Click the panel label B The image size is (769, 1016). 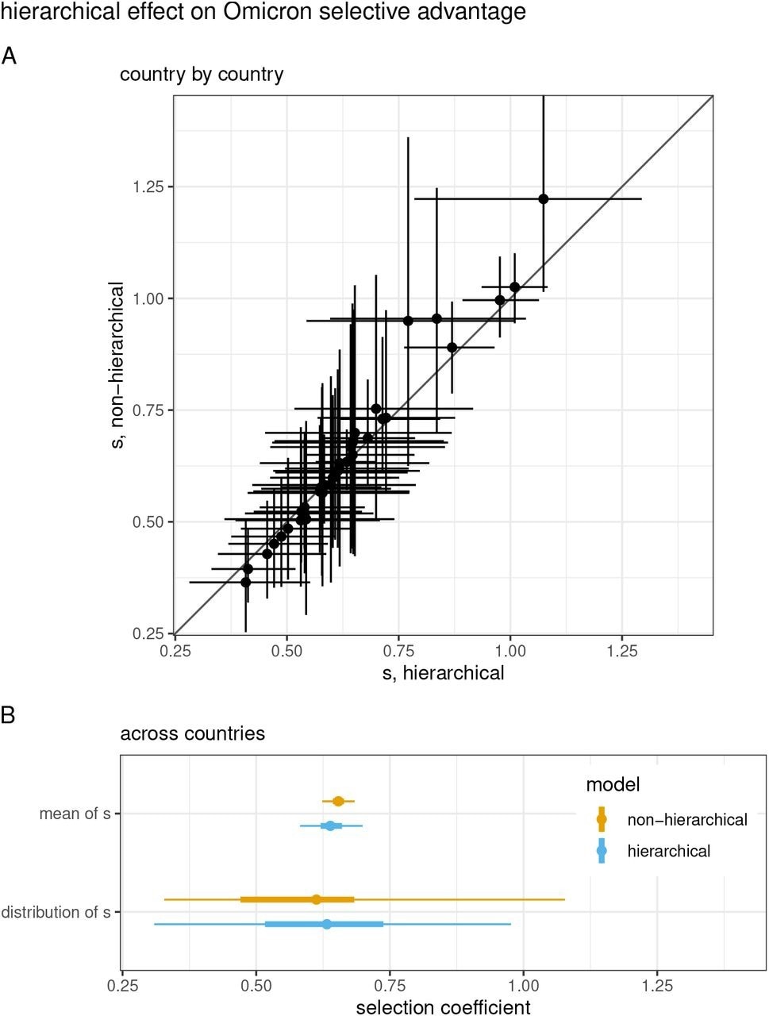click(x=9, y=714)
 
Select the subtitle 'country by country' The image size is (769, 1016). click(x=202, y=75)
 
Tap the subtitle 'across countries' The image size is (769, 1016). click(x=192, y=733)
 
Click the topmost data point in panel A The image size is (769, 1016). click(x=544, y=199)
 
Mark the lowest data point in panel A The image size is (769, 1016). click(x=246, y=582)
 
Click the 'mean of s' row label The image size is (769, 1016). click(x=75, y=814)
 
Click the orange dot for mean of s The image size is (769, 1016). click(x=338, y=801)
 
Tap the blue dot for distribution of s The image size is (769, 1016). click(x=327, y=924)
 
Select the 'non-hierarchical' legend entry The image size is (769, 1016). click(x=686, y=819)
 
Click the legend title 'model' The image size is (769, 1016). click(x=613, y=785)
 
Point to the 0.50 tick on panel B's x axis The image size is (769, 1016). click(x=256, y=985)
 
